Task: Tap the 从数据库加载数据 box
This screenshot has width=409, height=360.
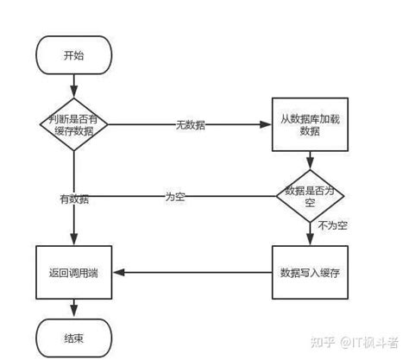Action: point(309,123)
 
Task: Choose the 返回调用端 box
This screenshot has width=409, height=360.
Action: point(74,273)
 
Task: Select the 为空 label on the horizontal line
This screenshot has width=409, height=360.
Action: point(175,198)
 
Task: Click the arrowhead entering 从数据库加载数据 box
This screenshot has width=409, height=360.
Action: point(266,125)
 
